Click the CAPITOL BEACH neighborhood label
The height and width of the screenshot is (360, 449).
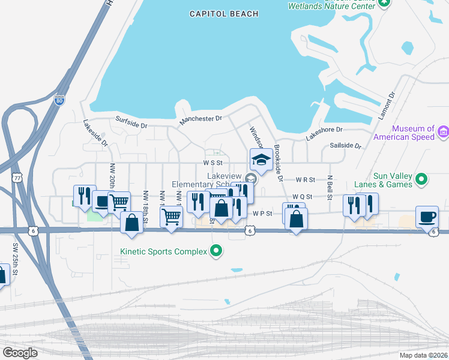pyautogui.click(x=224, y=14)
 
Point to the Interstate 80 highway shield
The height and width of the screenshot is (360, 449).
pyautogui.click(x=59, y=101)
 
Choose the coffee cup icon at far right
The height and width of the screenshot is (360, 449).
pyautogui.click(x=426, y=217)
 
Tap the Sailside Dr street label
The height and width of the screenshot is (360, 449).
pyautogui.click(x=346, y=146)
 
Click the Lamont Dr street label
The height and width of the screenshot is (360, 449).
pyautogui.click(x=388, y=106)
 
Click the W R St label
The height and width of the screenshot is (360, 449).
pyautogui.click(x=305, y=179)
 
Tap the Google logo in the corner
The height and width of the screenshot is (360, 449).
pyautogui.click(x=20, y=352)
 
